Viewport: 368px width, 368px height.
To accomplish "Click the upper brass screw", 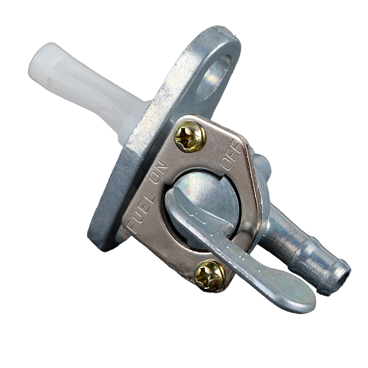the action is point(190,137).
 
